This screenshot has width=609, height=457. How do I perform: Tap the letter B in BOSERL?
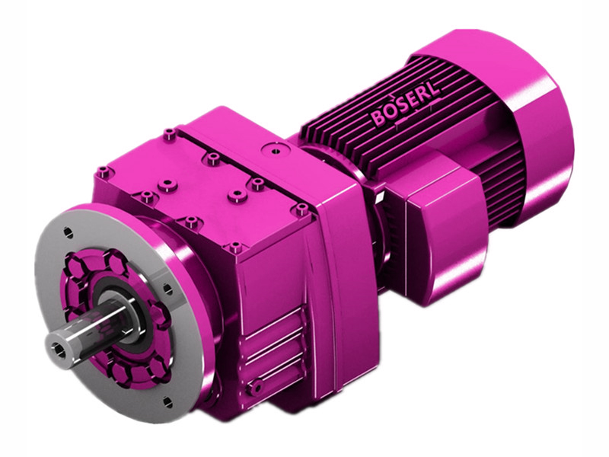[377, 120]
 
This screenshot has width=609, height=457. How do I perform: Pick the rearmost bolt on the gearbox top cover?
[169, 135]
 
